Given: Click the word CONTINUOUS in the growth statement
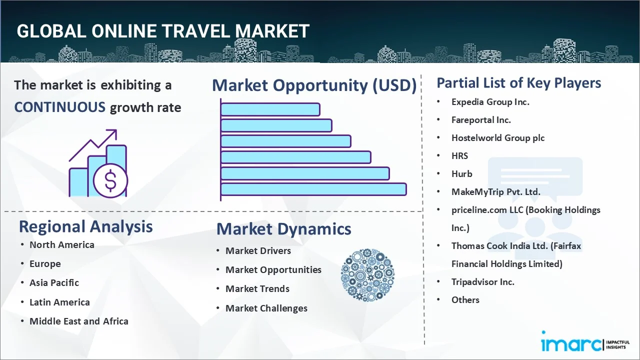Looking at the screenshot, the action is click(60, 107).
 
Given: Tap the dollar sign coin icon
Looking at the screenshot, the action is click(110, 181).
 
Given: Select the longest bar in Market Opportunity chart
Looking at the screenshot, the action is click(313, 189).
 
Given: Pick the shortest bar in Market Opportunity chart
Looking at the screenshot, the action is click(270, 109).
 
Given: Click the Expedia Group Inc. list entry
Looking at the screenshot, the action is click(490, 102).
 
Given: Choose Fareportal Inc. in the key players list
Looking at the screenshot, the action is click(481, 120).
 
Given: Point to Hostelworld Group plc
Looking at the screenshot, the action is click(498, 138).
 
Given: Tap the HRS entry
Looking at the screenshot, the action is click(459, 156).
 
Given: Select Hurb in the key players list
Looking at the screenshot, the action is click(461, 173).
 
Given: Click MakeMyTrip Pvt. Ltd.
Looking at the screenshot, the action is click(495, 191).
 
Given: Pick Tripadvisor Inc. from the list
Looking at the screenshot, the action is click(483, 282).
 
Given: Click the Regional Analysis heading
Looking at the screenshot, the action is click(85, 227).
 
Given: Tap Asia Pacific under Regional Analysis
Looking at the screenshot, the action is click(54, 283).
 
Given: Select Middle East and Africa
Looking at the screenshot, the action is click(79, 321).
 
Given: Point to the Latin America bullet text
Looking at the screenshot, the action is click(59, 302).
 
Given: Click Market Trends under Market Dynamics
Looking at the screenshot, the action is click(257, 289).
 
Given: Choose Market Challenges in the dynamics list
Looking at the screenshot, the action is click(266, 308).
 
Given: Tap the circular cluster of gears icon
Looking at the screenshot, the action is click(367, 275).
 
